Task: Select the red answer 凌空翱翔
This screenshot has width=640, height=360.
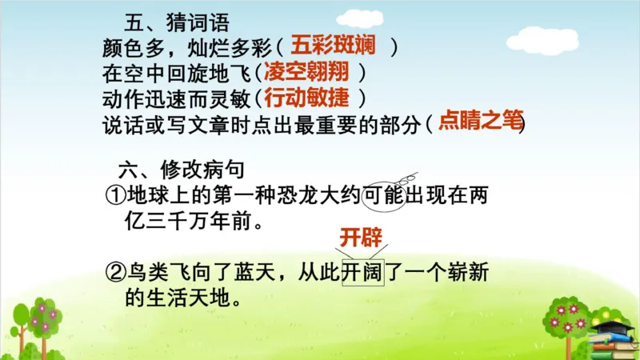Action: coord(306,72)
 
